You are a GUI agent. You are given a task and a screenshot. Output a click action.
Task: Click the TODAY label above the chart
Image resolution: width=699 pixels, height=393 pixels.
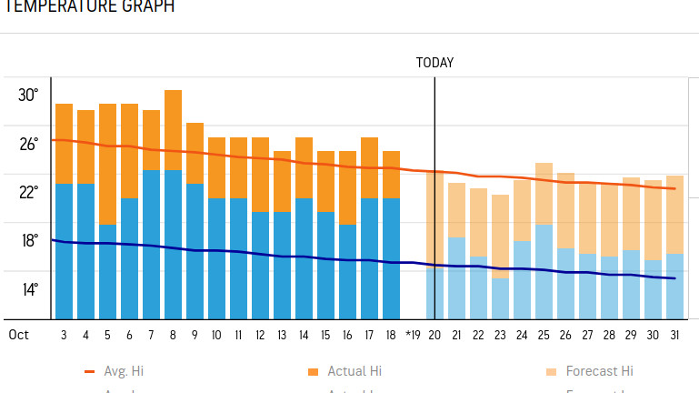434,63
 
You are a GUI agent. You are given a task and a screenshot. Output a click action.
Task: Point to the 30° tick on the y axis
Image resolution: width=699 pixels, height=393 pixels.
28,96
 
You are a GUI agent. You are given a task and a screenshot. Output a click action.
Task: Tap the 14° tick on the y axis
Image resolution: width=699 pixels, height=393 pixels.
28,289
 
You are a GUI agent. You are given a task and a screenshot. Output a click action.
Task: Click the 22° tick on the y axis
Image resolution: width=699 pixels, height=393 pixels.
28,192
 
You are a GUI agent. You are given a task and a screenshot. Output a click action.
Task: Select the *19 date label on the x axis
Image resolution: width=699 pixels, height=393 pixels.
412,335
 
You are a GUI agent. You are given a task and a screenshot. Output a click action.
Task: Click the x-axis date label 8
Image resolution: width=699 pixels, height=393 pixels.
173,335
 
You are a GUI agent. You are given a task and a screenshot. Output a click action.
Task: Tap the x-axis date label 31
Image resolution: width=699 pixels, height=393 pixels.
674,335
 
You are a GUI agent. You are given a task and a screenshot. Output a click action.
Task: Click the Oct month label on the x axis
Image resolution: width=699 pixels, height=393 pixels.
19,335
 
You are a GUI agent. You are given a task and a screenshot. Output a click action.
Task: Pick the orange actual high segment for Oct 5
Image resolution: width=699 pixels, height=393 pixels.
107,164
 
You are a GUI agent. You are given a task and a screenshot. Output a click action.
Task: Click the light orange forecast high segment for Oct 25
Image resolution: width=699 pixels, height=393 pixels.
544,194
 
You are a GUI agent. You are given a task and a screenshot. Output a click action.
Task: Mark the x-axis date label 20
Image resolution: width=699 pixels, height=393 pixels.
434,335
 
